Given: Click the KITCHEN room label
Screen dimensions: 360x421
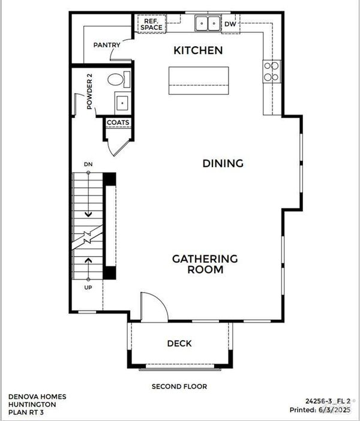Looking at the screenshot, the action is (198, 50).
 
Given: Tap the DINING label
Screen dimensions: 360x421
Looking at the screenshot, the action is (223, 163).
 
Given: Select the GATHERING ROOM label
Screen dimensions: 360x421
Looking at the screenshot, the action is (205, 264).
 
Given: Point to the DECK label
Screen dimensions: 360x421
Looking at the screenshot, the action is (179, 343).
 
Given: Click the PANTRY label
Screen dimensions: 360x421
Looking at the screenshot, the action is (107, 45).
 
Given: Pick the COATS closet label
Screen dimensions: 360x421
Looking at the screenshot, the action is (118, 122).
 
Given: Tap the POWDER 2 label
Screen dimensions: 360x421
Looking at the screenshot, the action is (89, 91).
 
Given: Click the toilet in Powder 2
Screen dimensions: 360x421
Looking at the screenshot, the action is (119, 80).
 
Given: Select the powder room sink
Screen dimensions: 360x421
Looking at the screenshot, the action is (122, 103).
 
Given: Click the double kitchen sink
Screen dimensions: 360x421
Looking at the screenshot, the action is (208, 23).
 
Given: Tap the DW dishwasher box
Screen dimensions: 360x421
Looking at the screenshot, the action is (230, 24).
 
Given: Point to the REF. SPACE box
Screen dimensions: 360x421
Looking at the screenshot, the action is (152, 24).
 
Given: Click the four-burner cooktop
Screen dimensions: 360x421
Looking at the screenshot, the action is (272, 71).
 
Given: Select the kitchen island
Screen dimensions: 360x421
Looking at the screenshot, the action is (199, 80).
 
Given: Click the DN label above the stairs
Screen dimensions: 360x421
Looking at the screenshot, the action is (88, 164).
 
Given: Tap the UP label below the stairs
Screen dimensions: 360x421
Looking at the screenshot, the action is (88, 287).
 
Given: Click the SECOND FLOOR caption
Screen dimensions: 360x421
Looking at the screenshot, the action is (179, 386).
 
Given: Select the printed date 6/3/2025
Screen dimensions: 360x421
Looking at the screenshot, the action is (334, 410).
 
